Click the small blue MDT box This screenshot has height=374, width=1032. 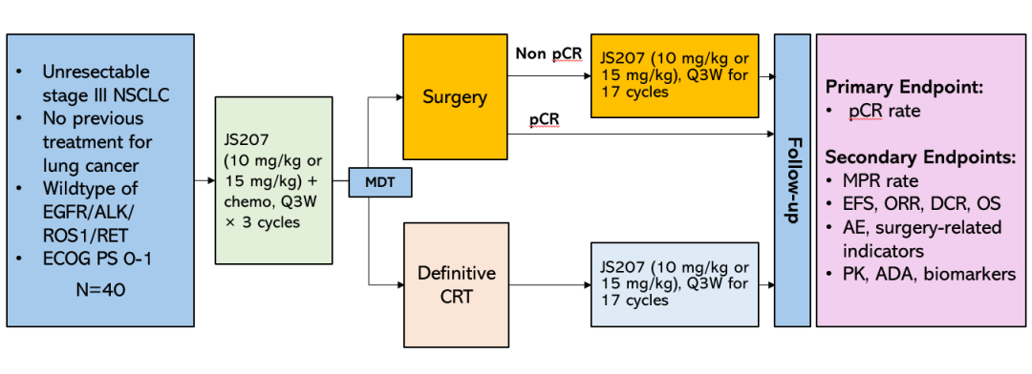tap(379, 182)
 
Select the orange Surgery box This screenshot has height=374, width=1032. tap(455, 96)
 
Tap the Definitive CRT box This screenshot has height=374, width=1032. tap(456, 284)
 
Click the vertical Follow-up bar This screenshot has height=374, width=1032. tap(792, 180)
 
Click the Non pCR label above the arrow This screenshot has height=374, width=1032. tap(548, 52)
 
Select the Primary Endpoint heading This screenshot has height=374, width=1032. tap(887, 88)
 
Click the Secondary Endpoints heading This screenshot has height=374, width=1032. tap(921, 157)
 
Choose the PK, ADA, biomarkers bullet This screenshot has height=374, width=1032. tap(921, 274)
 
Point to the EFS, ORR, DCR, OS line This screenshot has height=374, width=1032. tap(914, 204)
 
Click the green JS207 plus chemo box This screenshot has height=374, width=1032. tap(274, 180)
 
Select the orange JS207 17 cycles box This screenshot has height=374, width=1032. tap(675, 75)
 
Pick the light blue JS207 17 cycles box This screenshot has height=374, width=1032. tap(675, 284)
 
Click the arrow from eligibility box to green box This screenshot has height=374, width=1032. tap(204, 179)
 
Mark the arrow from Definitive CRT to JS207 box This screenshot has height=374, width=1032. tap(549, 285)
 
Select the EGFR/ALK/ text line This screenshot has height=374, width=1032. tap(90, 212)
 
